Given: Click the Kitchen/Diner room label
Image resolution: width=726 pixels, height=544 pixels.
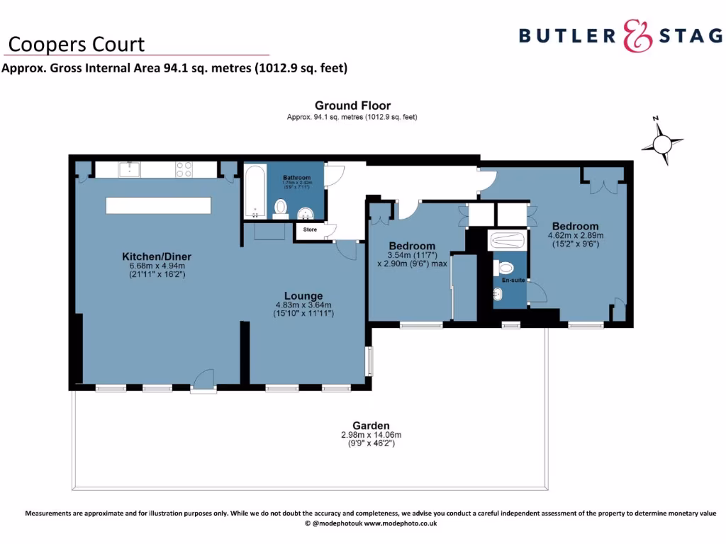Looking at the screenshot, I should click(157, 256).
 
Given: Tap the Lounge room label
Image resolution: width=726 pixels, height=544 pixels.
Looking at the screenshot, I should click(303, 296).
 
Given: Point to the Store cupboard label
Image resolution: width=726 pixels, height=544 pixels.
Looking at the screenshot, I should click(310, 229).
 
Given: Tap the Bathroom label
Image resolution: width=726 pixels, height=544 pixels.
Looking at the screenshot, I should click(297, 178).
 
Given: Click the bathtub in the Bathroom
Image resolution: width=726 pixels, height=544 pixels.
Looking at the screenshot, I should click(255, 191).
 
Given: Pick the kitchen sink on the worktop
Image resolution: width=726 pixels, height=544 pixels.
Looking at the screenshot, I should click(130, 169).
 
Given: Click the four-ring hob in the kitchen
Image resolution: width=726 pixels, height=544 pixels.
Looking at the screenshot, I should click(184, 169).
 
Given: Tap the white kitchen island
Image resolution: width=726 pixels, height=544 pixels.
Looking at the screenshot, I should click(158, 205).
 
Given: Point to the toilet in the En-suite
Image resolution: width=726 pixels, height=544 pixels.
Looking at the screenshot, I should click(506, 268).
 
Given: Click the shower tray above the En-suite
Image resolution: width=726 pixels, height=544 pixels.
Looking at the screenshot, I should click(506, 240).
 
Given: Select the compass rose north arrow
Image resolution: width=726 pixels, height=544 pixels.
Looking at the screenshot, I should click(661, 143).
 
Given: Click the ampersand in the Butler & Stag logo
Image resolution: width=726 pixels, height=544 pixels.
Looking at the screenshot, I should click(637, 35).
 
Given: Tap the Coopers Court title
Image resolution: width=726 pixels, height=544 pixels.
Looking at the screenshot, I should click(76, 45).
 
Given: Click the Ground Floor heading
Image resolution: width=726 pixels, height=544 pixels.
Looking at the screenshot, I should click(352, 106).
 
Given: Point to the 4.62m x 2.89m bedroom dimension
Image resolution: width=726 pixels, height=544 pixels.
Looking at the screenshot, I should click(575, 235).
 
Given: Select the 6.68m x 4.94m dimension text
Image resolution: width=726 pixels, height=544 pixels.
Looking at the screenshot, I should click(157, 266).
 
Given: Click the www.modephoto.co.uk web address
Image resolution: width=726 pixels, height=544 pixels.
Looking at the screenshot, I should click(401, 523).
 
